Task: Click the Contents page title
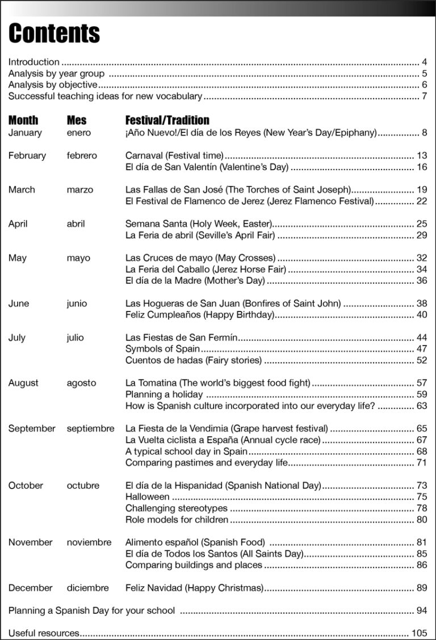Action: tap(54, 33)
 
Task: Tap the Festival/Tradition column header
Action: tap(167, 120)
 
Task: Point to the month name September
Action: tap(32, 428)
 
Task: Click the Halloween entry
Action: tap(147, 497)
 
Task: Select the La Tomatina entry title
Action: tap(217, 383)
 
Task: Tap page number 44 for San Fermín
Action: tap(421, 338)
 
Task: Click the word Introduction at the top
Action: tap(33, 62)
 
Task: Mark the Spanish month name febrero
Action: tap(82, 155)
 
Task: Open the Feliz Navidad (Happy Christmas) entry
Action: tap(194, 588)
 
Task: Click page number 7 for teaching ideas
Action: tap(424, 96)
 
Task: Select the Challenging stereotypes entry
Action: tap(176, 508)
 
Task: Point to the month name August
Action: tap(24, 383)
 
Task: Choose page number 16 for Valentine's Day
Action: tap(421, 167)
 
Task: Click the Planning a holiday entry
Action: tap(163, 394)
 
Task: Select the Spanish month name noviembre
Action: tap(89, 542)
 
